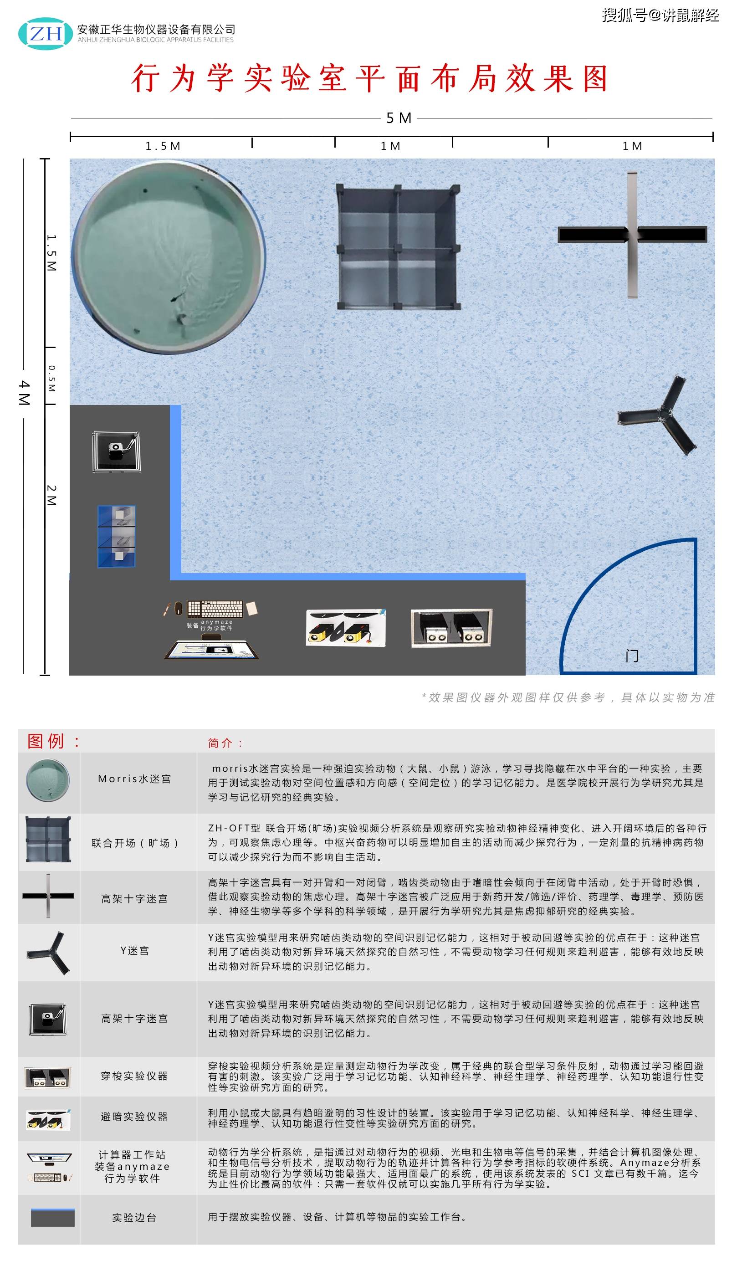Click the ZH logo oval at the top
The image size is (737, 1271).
point(46,34)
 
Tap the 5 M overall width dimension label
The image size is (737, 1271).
point(399,118)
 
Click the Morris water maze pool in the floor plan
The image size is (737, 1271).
point(168,257)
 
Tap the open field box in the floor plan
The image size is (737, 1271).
point(399,247)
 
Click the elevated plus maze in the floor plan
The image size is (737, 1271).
point(632,235)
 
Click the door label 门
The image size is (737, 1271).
point(632,656)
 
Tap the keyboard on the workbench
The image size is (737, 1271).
point(215,609)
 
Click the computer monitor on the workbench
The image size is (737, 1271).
point(212,650)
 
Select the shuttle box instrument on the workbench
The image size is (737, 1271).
point(451,628)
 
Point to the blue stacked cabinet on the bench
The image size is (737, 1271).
point(117,536)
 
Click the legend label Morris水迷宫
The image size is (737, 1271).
point(135,779)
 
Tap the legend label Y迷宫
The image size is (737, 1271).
point(135,951)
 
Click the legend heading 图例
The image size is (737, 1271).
point(46,742)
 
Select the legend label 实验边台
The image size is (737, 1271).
point(135,1218)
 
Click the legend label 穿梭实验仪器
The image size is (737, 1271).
point(135,1076)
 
